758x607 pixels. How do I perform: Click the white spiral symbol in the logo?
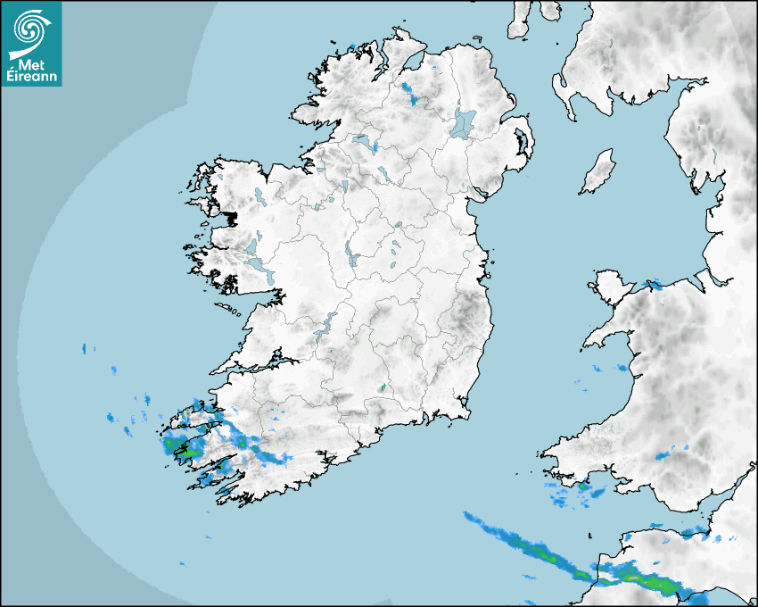pyautogui.click(x=30, y=30)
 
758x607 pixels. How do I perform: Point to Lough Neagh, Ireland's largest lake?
pyautogui.click(x=463, y=123)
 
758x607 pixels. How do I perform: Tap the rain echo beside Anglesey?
pyautogui.click(x=653, y=285)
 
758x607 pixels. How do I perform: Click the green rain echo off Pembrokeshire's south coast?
pyautogui.click(x=583, y=487)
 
